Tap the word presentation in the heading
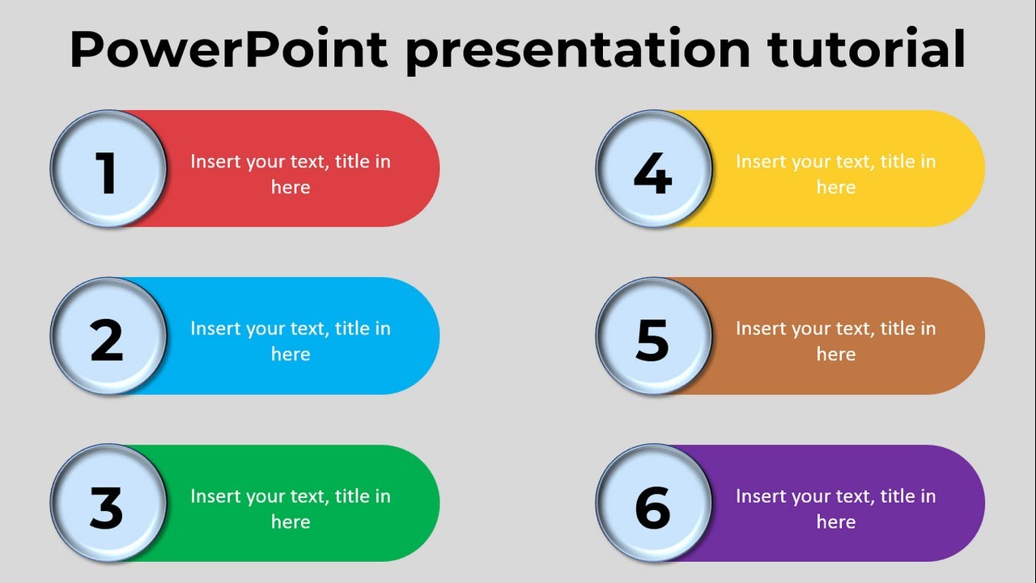point(578,50)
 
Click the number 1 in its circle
point(108,172)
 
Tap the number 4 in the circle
point(652,172)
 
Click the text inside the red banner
point(291,174)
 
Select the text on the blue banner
point(291,341)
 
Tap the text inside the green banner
point(291,509)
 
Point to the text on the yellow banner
point(835,174)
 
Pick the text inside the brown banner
point(835,341)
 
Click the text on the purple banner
point(835,509)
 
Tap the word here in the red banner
point(291,187)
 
